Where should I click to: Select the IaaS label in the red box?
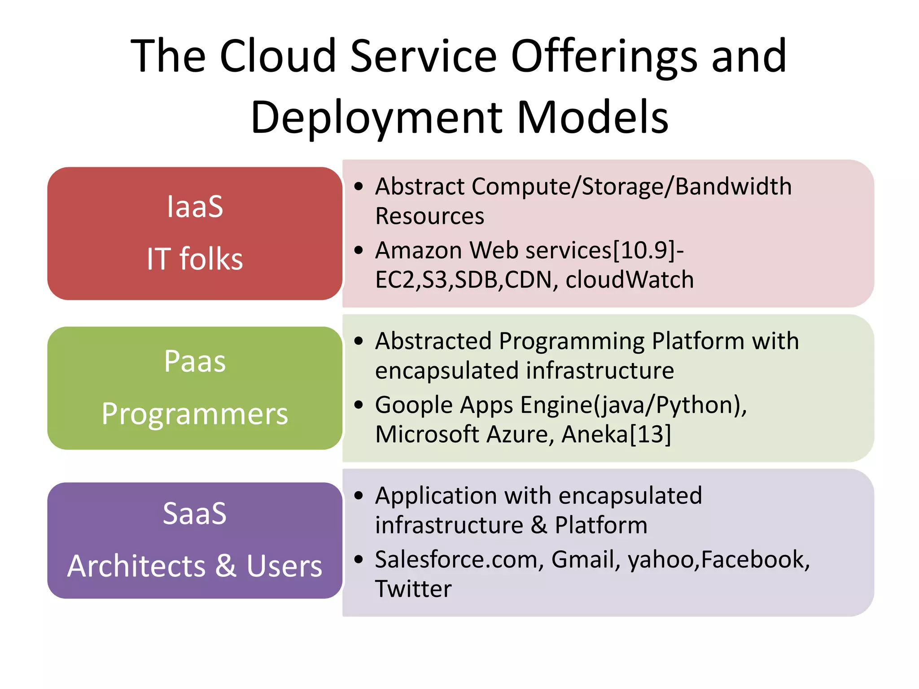click(x=195, y=207)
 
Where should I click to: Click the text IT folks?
click(x=195, y=259)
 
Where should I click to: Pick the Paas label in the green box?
click(x=195, y=361)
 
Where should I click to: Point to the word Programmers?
click(x=195, y=414)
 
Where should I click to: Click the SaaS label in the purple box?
click(x=195, y=513)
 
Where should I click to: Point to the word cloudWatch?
click(x=630, y=279)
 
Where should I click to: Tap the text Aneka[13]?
click(x=616, y=434)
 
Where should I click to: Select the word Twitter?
click(x=413, y=589)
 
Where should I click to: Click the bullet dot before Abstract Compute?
click(x=358, y=187)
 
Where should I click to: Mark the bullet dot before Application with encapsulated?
click(x=358, y=496)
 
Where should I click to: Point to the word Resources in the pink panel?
click(x=429, y=216)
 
